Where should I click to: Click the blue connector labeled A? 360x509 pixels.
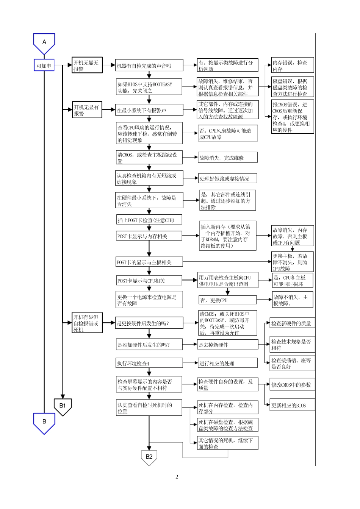pyautogui.click(x=44, y=43)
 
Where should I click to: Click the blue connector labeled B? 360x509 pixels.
pyautogui.click(x=44, y=422)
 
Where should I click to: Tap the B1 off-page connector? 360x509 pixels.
pyautogui.click(x=63, y=406)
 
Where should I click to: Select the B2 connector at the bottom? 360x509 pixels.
pyautogui.click(x=149, y=457)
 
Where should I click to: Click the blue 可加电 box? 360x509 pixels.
pyautogui.click(x=44, y=66)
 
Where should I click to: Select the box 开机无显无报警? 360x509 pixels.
pyautogui.click(x=87, y=65)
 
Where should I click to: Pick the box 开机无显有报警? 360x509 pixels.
pyautogui.click(x=87, y=110)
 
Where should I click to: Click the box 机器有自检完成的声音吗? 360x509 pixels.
pyautogui.click(x=149, y=66)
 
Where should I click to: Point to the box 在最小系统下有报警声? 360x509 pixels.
pyautogui.click(x=149, y=110)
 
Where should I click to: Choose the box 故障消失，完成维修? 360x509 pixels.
pyautogui.click(x=227, y=158)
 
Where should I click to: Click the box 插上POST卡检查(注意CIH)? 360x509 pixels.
pyautogui.click(x=149, y=220)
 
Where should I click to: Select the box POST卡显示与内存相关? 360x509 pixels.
pyautogui.click(x=149, y=236)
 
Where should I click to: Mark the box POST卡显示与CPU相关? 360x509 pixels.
pyautogui.click(x=149, y=281)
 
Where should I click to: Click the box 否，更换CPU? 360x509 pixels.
pyautogui.click(x=227, y=300)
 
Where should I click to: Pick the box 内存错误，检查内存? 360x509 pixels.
pyautogui.click(x=293, y=65)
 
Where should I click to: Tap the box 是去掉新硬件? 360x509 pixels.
pyautogui.click(x=228, y=345)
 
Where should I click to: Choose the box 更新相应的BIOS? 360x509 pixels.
pyautogui.click(x=293, y=405)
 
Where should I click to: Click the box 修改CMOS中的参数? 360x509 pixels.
pyautogui.click(x=293, y=384)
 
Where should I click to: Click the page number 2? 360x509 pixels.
pyautogui.click(x=177, y=477)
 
